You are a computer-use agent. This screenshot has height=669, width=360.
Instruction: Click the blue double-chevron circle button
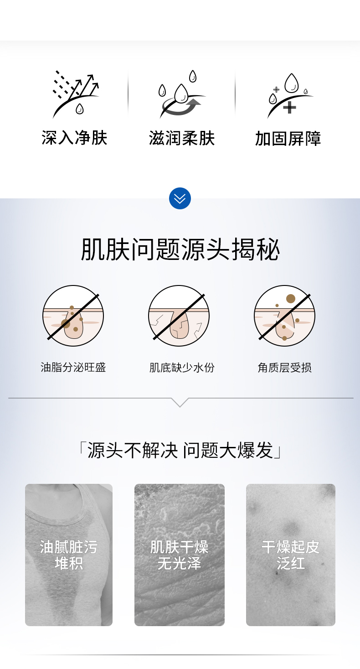coord(180,198)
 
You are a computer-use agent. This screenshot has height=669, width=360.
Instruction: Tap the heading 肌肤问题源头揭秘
coord(180,250)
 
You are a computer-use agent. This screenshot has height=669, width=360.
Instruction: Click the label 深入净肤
coord(74,138)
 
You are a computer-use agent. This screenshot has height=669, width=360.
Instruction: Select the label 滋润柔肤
coord(182,138)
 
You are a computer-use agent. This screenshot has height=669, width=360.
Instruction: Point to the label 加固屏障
coord(288,139)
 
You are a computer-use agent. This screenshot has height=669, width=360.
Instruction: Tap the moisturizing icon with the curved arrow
coord(182,94)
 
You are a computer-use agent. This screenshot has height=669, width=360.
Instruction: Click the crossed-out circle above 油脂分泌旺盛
coord(73,316)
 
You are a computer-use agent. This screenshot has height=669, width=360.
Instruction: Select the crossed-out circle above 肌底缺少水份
coord(179,316)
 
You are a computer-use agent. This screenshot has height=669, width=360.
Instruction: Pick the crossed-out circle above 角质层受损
coord(284,316)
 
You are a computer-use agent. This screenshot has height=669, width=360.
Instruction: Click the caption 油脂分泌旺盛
coord(73,368)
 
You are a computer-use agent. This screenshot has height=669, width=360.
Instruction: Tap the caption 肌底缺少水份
coord(182,368)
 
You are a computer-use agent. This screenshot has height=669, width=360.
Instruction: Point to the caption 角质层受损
coord(284,368)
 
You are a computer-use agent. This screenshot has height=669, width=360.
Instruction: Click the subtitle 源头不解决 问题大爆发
coord(180,450)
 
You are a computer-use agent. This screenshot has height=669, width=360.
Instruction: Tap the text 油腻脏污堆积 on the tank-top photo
coord(69,555)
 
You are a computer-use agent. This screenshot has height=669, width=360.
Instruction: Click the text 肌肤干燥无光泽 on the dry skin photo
coord(179,555)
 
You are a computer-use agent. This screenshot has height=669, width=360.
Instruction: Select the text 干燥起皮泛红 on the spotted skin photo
coord(290,555)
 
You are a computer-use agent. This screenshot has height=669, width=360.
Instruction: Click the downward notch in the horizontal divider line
coord(180,402)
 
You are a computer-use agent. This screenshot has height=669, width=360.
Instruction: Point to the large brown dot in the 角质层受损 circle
coord(291,299)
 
